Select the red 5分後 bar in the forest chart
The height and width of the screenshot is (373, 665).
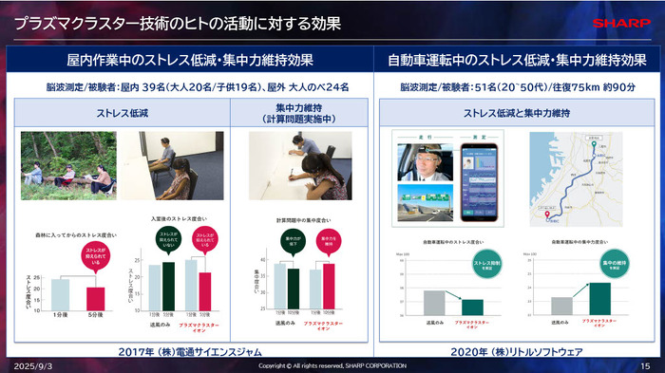95,298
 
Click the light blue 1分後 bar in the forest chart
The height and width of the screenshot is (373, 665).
60,294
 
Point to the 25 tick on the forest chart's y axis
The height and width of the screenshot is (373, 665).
38,279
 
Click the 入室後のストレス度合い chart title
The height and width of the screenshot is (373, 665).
177,217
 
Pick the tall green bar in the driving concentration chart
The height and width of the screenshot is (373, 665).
600,297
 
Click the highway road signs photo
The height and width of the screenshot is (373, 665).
426,203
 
